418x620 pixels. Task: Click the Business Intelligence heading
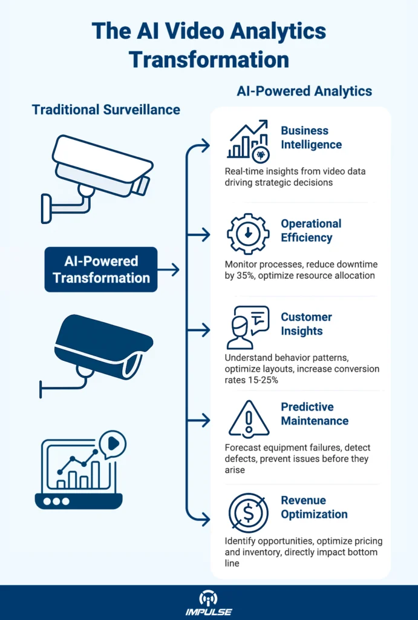(311, 137)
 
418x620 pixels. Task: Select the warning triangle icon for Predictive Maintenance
(249, 419)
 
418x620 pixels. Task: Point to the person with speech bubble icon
(247, 327)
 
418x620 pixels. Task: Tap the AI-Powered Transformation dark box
(102, 269)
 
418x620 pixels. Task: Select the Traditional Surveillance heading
(106, 110)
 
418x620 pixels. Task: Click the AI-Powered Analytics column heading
(304, 91)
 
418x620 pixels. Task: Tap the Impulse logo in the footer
(209, 602)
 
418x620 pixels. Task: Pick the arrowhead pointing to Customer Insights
(205, 331)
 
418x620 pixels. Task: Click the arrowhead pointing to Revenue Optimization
(205, 518)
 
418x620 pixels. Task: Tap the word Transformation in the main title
(209, 59)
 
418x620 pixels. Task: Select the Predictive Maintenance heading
(315, 414)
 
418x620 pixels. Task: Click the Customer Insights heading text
(306, 324)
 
